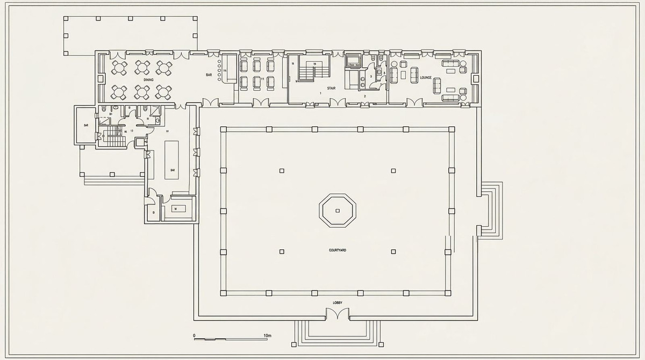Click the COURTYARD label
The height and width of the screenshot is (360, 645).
(x=338, y=250)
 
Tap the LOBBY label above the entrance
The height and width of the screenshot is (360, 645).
(x=338, y=303)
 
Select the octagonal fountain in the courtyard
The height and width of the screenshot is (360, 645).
(x=338, y=211)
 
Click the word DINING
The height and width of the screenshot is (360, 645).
(x=148, y=80)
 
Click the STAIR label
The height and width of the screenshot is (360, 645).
(x=332, y=88)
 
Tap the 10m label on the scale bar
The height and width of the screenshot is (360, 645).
(x=268, y=336)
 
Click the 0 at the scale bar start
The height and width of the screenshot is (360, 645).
(x=194, y=336)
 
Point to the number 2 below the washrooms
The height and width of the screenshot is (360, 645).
(x=365, y=97)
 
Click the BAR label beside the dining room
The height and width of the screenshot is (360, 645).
(x=209, y=75)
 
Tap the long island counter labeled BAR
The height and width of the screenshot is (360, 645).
(x=172, y=160)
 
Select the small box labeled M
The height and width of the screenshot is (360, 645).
(x=175, y=208)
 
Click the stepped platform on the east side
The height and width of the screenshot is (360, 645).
(x=490, y=210)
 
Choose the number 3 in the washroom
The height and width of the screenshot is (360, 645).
(x=371, y=77)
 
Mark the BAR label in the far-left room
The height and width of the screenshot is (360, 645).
(x=85, y=125)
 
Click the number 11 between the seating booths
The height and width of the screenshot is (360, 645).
(x=262, y=78)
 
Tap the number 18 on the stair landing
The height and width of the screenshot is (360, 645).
(x=293, y=63)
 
